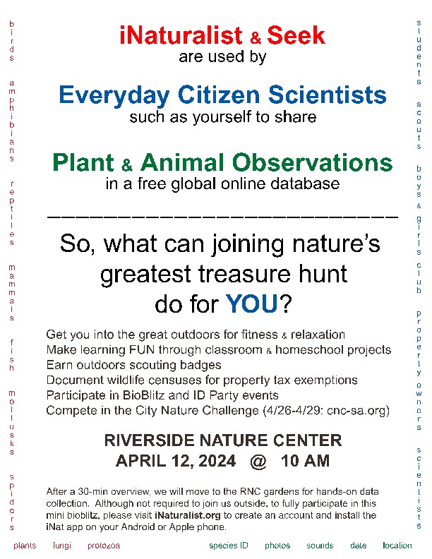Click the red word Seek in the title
[296, 35]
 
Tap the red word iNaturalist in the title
[181, 35]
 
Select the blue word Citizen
[219, 95]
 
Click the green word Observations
[312, 162]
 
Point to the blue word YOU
[251, 303]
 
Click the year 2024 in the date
[217, 461]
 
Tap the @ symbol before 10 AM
[258, 462]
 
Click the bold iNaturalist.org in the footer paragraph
[188, 515]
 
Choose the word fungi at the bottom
[62, 546]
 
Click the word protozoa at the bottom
[104, 546]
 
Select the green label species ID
[229, 546]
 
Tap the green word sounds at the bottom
[320, 546]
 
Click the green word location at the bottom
[397, 546]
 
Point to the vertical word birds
[12, 41]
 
